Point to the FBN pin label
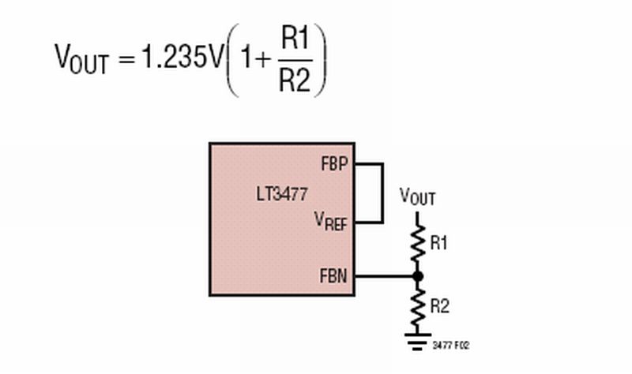pyautogui.click(x=336, y=276)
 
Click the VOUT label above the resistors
pyautogui.click(x=417, y=196)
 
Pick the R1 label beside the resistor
pyautogui.click(x=439, y=244)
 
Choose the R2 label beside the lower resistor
pyautogui.click(x=439, y=306)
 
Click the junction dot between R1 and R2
pyautogui.click(x=418, y=276)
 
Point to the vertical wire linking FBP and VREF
pyautogui.click(x=383, y=193)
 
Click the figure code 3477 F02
pyautogui.click(x=452, y=346)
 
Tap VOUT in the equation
pyautogui.click(x=81, y=58)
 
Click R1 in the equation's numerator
pyautogui.click(x=295, y=39)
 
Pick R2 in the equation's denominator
pyautogui.click(x=295, y=80)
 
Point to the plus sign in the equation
pyautogui.click(x=261, y=60)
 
